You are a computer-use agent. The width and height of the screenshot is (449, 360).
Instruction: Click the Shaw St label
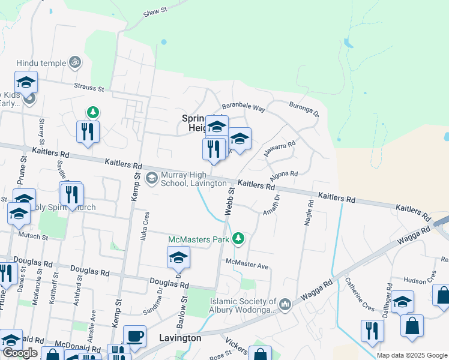pyautogui.click(x=154, y=11)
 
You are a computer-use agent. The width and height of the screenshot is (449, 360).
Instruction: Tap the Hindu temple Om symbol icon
pyautogui.click(x=76, y=61)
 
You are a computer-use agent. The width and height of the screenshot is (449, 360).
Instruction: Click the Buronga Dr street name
pyautogui.click(x=304, y=107)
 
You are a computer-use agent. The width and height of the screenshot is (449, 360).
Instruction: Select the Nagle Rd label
pyautogui.click(x=310, y=212)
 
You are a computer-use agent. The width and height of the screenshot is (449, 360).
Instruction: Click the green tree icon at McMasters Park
pyautogui.click(x=239, y=239)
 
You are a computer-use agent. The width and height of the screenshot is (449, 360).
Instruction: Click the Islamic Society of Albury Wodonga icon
pyautogui.click(x=285, y=305)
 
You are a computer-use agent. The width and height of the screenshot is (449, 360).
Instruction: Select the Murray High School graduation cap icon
pyautogui.click(x=152, y=178)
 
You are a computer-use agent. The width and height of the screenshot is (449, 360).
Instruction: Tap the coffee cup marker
pyautogui.click(x=134, y=336)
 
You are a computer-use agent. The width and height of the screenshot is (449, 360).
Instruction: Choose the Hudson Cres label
pyautogui.click(x=420, y=280)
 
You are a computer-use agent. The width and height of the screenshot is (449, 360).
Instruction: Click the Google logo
pyautogui.click(x=20, y=353)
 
